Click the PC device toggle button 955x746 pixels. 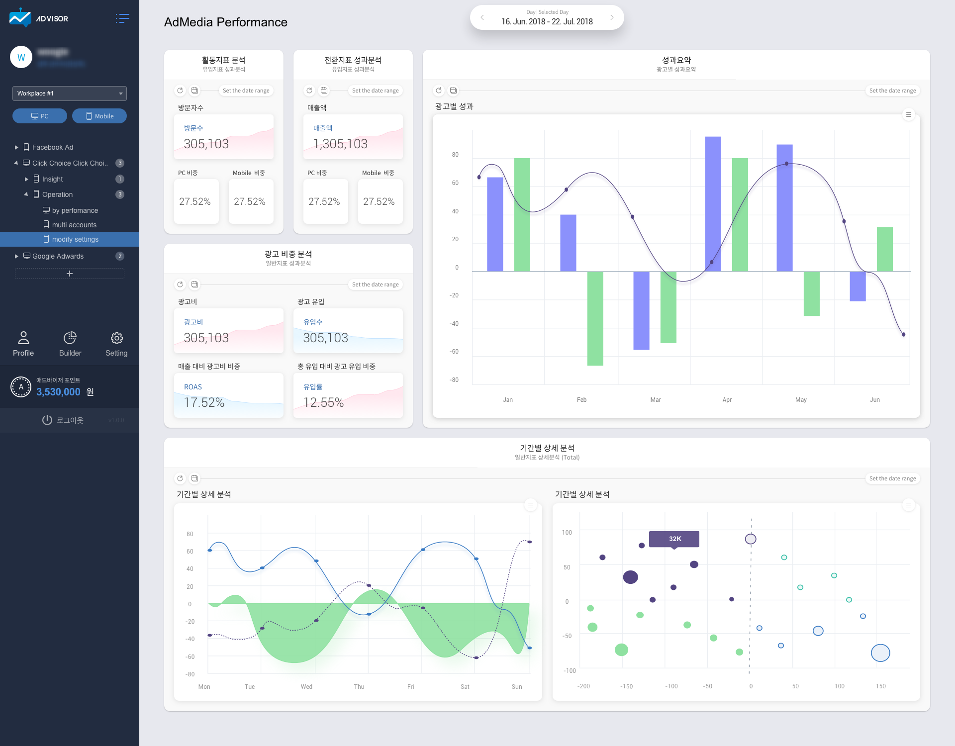click(40, 116)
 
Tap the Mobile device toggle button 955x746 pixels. click(99, 116)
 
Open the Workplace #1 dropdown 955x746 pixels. click(70, 93)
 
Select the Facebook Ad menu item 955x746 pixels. click(52, 147)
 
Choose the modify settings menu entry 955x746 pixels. click(75, 239)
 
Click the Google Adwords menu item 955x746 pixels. click(58, 256)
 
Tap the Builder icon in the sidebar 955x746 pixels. click(70, 338)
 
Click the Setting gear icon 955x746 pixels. click(116, 338)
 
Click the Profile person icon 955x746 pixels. click(23, 338)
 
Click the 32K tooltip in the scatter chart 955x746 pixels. click(674, 539)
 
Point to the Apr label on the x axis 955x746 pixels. click(727, 400)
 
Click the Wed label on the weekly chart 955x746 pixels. click(306, 687)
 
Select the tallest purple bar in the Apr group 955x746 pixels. click(713, 204)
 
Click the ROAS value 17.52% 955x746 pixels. click(204, 402)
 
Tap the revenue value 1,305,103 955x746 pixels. click(340, 144)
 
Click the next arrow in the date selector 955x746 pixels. click(612, 17)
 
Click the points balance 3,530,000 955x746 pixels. click(58, 392)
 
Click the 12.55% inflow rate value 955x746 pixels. click(323, 402)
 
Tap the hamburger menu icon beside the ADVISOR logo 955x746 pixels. click(122, 18)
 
